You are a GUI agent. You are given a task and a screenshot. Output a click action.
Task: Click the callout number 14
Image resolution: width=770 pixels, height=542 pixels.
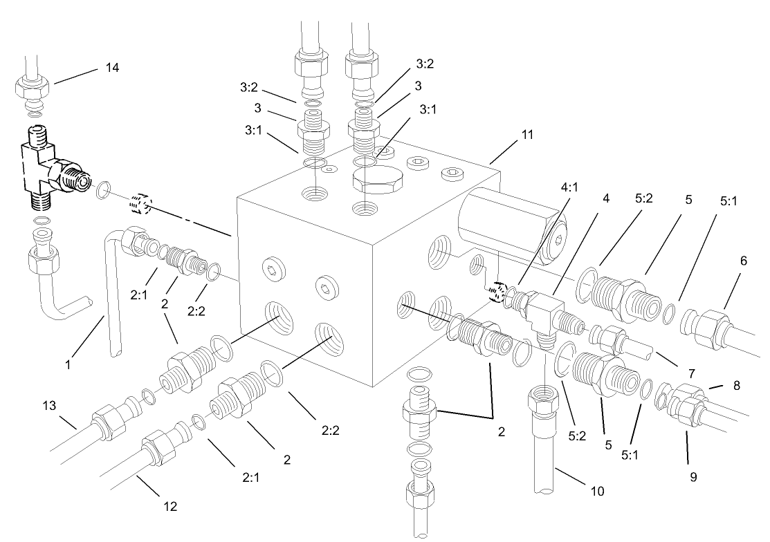pyautogui.click(x=112, y=67)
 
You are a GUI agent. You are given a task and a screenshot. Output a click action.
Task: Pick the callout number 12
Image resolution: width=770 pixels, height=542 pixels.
pyautogui.click(x=170, y=506)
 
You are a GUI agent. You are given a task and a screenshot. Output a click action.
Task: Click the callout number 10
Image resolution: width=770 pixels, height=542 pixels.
pyautogui.click(x=597, y=491)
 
